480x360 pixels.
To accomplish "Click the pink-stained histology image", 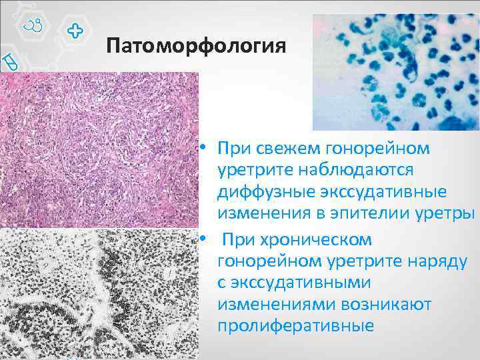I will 100,150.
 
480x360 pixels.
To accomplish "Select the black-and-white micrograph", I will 100,293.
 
